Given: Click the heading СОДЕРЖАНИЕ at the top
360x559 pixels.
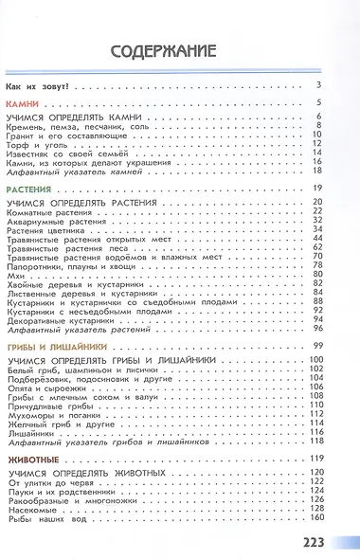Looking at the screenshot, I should (x=179, y=50).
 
